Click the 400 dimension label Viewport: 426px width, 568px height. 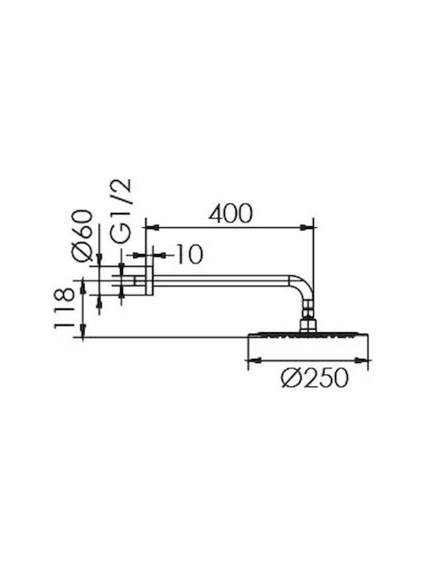(230, 214)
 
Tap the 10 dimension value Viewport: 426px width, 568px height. (189, 254)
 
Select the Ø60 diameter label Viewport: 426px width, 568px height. (82, 235)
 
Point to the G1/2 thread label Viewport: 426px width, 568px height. (121, 211)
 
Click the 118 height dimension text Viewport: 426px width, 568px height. (64, 308)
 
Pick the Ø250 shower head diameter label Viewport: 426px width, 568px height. (315, 378)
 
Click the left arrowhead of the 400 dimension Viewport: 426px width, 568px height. (152, 227)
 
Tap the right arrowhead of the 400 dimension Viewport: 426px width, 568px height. (306, 227)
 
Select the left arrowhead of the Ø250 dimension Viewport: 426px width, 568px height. (254, 361)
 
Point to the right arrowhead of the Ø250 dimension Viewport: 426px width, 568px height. (361, 361)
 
